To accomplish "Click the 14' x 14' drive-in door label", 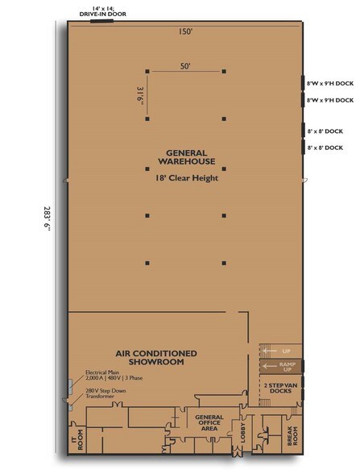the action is pyautogui.click(x=103, y=11).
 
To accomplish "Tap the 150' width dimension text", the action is pyautogui.click(x=185, y=31).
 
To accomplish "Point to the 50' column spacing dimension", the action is pyautogui.click(x=185, y=66).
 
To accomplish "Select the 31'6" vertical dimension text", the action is pyautogui.click(x=140, y=96).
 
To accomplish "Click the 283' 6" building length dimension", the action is pyautogui.click(x=48, y=219).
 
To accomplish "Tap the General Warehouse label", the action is pyautogui.click(x=186, y=157).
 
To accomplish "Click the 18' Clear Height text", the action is pyautogui.click(x=187, y=177).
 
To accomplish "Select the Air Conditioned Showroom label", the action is pyautogui.click(x=156, y=357).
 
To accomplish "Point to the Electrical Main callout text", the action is pyautogui.click(x=114, y=375).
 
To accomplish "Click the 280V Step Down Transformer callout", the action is pyautogui.click(x=106, y=393).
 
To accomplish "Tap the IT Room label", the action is pyautogui.click(x=77, y=440).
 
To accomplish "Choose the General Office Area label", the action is pyautogui.click(x=209, y=422).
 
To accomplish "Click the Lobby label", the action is pyautogui.click(x=243, y=433).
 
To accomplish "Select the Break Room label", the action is pyautogui.click(x=292, y=435).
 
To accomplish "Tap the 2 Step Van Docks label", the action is pyautogui.click(x=280, y=389).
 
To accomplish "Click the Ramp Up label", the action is pyautogui.click(x=288, y=367).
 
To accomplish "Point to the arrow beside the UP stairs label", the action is pyautogui.click(x=270, y=351).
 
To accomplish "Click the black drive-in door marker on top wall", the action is pyautogui.click(x=101, y=21).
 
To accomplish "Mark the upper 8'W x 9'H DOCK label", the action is pyautogui.click(x=330, y=84).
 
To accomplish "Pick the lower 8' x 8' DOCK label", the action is pyautogui.click(x=325, y=148).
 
